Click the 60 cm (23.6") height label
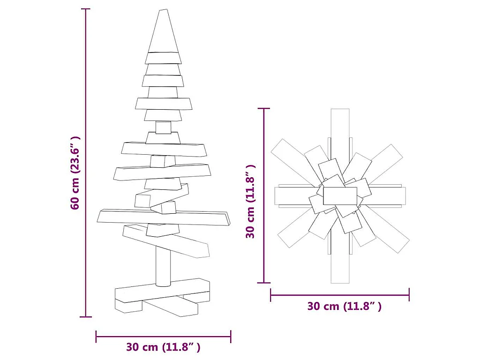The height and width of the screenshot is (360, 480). (75, 173)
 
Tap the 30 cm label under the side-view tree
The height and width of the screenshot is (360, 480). (163, 347)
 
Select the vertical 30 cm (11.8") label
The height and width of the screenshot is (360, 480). (251, 202)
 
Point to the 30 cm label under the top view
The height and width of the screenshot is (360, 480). (344, 307)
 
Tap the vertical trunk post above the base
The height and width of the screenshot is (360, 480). (163, 267)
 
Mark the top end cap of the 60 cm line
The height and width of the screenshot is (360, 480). (85, 9)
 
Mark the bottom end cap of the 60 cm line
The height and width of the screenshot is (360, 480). (85, 317)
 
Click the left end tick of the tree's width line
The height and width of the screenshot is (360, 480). (96, 336)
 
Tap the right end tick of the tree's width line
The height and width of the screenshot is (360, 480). (230, 336)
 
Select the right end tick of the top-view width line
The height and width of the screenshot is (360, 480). (409, 295)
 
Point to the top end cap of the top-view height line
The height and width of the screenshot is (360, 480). (264, 109)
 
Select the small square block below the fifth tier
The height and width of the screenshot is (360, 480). (163, 127)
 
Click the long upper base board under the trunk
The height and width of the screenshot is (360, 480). (162, 291)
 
